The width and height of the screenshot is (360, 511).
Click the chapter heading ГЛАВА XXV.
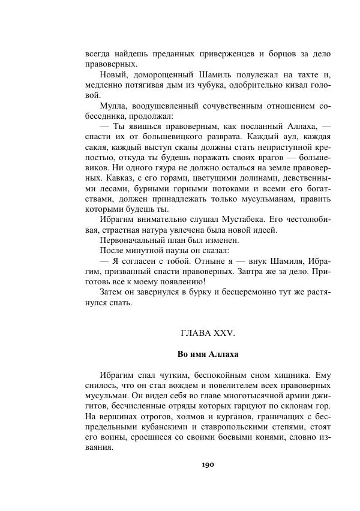(x=208, y=332)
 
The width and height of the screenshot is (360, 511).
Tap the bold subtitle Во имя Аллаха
(x=208, y=353)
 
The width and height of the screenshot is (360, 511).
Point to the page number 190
(x=208, y=464)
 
